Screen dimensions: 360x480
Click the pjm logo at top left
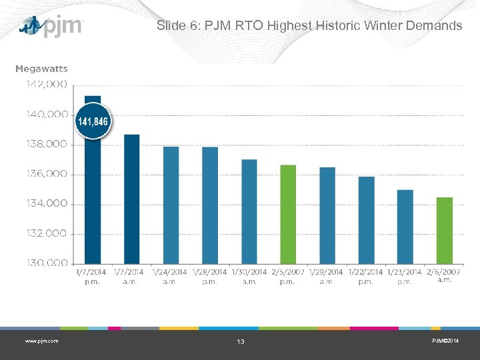point(51,27)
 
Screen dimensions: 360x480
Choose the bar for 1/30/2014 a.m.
point(249,211)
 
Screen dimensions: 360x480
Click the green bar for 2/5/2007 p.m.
point(288,214)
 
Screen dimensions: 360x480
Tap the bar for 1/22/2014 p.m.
point(366,220)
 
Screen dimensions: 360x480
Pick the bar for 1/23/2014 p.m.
point(405,227)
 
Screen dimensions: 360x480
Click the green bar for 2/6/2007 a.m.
point(445,230)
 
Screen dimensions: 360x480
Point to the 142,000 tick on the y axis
point(47,84)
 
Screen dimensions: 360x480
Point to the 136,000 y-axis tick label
point(47,174)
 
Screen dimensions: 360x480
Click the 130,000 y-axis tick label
point(47,263)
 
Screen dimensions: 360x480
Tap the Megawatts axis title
point(41,69)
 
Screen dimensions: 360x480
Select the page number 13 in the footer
point(241,341)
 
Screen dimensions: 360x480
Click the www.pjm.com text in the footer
point(41,341)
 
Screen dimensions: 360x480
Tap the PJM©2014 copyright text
point(444,341)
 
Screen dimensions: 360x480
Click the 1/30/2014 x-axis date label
point(249,272)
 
